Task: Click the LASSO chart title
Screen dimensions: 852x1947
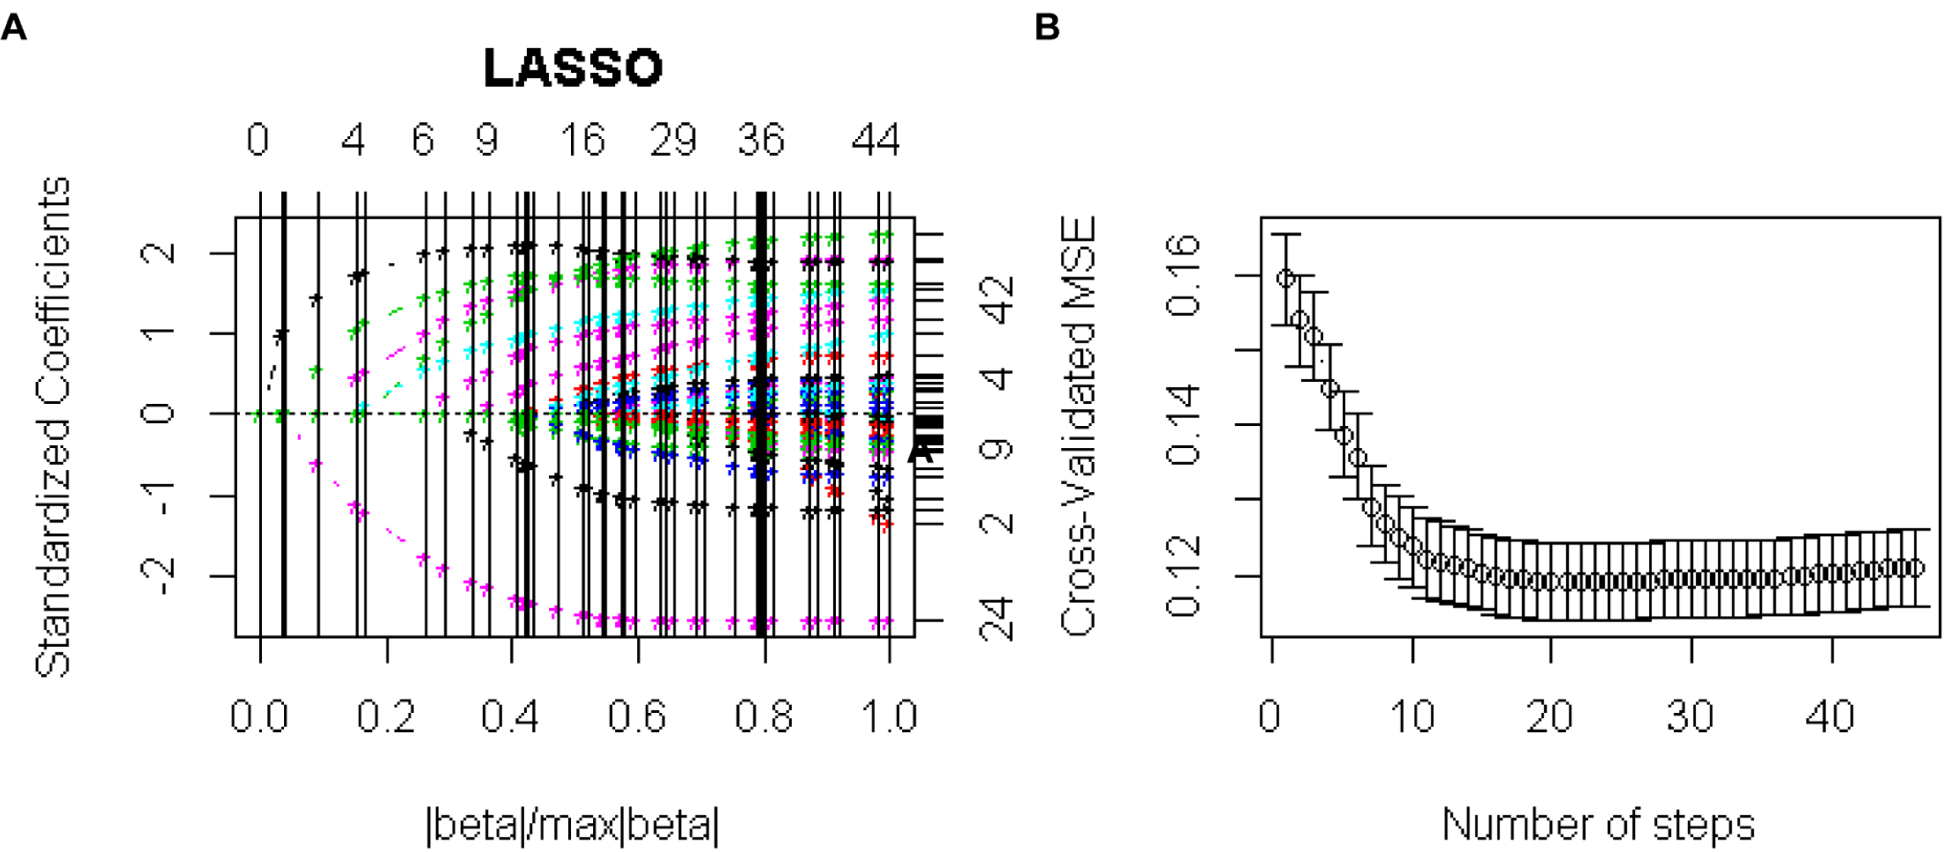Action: pos(572,68)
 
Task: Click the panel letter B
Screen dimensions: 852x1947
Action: pos(1047,28)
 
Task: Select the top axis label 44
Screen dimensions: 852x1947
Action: pos(875,141)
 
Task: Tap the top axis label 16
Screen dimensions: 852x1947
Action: pos(583,141)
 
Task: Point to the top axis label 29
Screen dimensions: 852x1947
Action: pos(673,141)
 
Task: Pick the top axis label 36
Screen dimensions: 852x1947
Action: pos(761,141)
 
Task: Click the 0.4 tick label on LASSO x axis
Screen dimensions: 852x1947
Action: pos(510,716)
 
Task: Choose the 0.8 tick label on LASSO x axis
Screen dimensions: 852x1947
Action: pos(763,716)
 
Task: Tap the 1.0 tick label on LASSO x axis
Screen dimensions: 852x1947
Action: pos(889,716)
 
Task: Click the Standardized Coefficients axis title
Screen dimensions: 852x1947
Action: pos(53,427)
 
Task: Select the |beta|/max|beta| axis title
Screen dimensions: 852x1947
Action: pos(572,825)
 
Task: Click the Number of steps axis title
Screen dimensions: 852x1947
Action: pos(1597,825)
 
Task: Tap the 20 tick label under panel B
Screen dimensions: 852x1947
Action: pos(1550,716)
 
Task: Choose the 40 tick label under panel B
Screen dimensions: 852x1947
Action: pos(1830,716)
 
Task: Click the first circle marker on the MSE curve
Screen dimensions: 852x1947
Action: pos(1285,278)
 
